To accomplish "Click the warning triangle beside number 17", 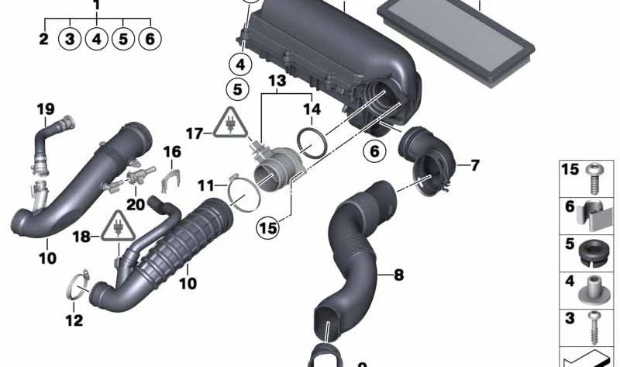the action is coord(230,123).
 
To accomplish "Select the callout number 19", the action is coord(46,109).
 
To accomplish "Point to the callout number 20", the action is coord(136,204).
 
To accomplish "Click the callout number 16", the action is coord(172,151).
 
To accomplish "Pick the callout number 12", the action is coord(74,320).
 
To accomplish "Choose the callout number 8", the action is coord(398,275).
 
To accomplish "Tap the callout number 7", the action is coord(474,165).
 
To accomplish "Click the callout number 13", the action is coord(277,81).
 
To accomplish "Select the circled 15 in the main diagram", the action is coord(268,227).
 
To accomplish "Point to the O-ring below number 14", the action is coord(312,143).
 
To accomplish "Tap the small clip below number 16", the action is coord(170,180).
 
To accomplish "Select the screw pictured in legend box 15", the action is coord(593,178).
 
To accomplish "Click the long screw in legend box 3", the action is coord(594,327).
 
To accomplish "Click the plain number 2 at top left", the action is coord(43,39).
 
